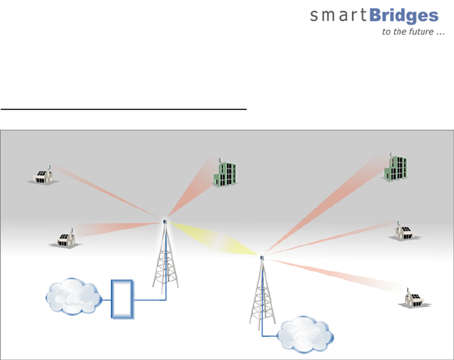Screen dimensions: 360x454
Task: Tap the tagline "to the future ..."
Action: click(x=410, y=32)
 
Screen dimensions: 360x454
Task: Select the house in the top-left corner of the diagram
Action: click(x=41, y=175)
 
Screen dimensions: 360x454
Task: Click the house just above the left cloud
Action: click(x=66, y=238)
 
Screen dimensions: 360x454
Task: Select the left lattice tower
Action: click(x=164, y=262)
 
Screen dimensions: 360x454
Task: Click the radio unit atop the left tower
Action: click(x=164, y=221)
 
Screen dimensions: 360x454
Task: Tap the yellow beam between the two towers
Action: click(x=214, y=238)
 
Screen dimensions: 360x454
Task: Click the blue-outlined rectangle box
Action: click(x=123, y=298)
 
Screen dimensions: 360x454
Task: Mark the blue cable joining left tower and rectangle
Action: click(x=150, y=299)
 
